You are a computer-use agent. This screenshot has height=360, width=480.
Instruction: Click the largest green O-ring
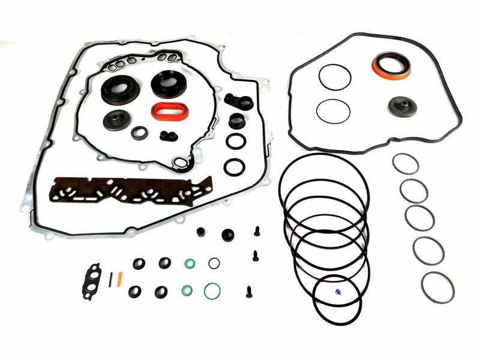[x=212, y=292]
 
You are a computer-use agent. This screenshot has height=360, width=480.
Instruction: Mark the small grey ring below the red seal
[x=140, y=133]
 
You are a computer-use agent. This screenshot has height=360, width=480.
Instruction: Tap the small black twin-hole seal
[x=169, y=136]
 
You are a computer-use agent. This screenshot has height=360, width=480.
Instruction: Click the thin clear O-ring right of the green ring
[x=214, y=263]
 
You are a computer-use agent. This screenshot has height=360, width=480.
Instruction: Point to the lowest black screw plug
[x=248, y=292]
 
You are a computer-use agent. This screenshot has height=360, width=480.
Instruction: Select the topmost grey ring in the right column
[x=406, y=163]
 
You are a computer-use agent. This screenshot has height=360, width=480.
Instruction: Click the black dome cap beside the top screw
[x=227, y=235]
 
